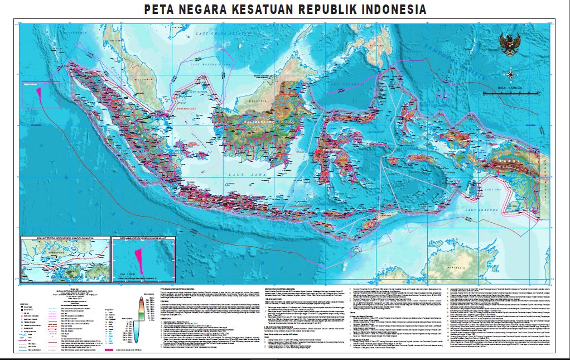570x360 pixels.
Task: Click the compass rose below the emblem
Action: click(511, 73)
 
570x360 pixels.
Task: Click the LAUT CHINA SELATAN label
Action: click(215, 35)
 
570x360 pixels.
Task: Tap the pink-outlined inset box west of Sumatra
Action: click(41, 95)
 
